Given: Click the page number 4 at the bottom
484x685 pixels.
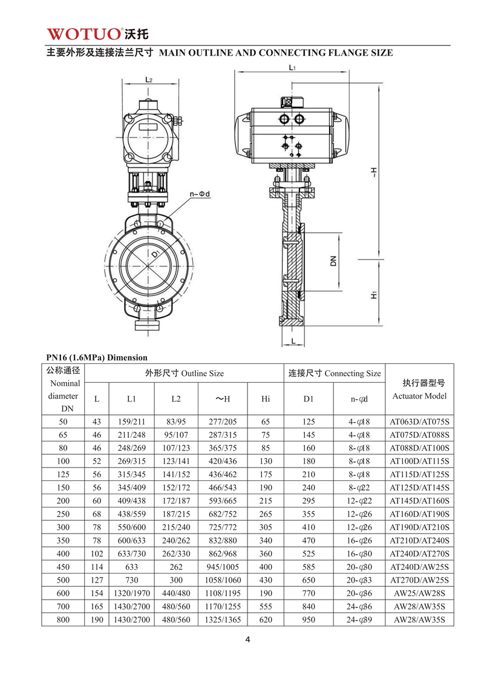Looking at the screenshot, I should point(248,640).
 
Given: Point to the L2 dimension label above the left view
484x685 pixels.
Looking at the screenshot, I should point(148,80).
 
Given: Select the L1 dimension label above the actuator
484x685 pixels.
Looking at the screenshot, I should point(292,68).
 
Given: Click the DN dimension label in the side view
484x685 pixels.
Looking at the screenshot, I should point(333,260).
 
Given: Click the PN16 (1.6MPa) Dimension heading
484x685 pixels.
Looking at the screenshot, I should point(97,357).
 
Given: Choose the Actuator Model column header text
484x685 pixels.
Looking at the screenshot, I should point(419,396).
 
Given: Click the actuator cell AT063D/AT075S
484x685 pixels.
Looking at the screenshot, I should point(419,422).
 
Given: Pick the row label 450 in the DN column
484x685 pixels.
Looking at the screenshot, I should point(64,566).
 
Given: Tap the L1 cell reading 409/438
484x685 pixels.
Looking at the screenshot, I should point(131,501).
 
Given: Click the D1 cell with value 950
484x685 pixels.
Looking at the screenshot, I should point(309,619).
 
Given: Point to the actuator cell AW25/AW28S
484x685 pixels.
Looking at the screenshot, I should point(419,593).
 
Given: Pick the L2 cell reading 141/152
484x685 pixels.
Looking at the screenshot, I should point(176,474).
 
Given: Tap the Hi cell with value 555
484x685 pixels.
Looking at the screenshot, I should point(266,606).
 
